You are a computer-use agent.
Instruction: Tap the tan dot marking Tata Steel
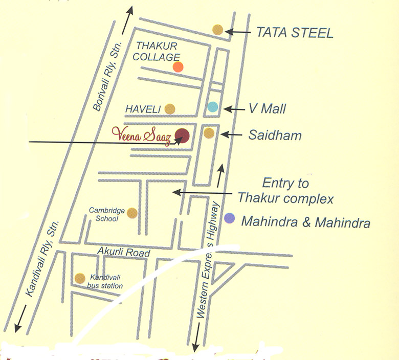[x=218, y=30]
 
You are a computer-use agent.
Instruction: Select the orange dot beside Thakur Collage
[x=178, y=66]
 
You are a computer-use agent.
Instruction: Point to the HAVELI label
[x=143, y=109]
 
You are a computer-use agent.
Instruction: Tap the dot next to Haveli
[x=170, y=108]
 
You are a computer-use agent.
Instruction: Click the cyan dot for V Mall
[x=213, y=107]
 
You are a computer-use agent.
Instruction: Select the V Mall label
[x=267, y=108]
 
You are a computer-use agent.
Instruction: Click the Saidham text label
[x=275, y=136]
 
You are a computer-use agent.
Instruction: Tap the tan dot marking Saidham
[x=209, y=133]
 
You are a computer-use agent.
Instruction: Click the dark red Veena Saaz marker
[x=182, y=136]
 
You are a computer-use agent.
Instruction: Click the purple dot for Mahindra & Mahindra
[x=230, y=218]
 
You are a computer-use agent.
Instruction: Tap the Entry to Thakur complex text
[x=285, y=191]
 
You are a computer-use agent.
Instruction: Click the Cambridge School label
[x=104, y=214]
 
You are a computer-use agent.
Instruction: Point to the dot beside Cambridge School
[x=132, y=213]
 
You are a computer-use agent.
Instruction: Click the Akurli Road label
[x=124, y=253]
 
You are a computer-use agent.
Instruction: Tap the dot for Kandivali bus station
[x=80, y=278]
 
